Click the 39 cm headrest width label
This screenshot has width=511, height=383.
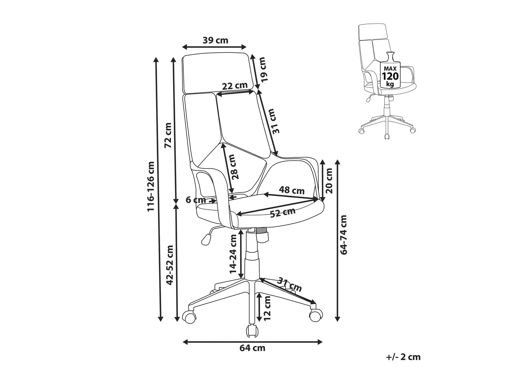215,40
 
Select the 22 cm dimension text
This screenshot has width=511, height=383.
234,86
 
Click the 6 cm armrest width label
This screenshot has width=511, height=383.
196,200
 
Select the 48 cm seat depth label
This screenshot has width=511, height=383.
291,190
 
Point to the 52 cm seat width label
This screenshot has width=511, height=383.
282,213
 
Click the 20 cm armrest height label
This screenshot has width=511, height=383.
329,181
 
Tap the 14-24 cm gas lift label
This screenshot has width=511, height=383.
233,254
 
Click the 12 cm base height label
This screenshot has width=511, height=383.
267,308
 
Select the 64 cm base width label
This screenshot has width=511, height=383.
252,348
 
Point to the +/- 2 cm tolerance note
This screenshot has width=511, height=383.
404,357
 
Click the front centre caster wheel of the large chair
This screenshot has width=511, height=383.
252,330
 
